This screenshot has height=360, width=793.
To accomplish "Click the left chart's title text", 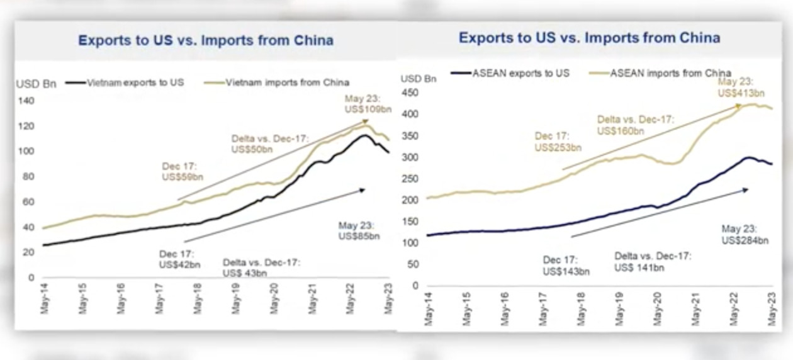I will tap(205, 41).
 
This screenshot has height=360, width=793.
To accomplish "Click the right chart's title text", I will tap(589, 38).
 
